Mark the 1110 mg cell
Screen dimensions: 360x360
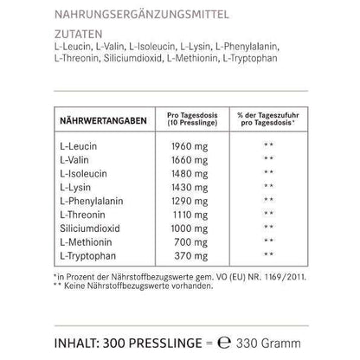coord(189,212)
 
